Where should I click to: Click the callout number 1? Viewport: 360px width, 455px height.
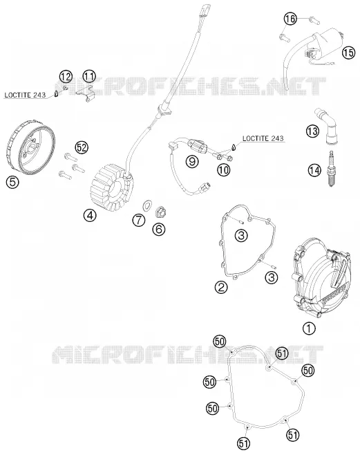click(x=309, y=328)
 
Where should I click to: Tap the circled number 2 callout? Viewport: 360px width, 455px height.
click(x=221, y=287)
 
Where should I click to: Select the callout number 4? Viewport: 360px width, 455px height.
click(x=90, y=215)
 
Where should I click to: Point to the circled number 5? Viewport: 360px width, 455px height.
click(x=12, y=183)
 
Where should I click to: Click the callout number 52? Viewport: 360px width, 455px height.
click(x=82, y=148)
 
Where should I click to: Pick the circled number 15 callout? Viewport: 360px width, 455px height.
click(x=348, y=53)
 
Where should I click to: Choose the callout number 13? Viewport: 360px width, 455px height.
click(x=312, y=131)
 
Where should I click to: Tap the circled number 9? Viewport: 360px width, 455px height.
click(x=192, y=161)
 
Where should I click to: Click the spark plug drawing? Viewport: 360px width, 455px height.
click(x=331, y=169)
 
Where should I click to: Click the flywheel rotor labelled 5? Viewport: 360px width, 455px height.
click(x=30, y=145)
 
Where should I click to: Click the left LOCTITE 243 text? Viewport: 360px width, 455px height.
click(x=25, y=95)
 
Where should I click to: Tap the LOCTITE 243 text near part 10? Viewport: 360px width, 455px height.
click(x=263, y=138)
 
